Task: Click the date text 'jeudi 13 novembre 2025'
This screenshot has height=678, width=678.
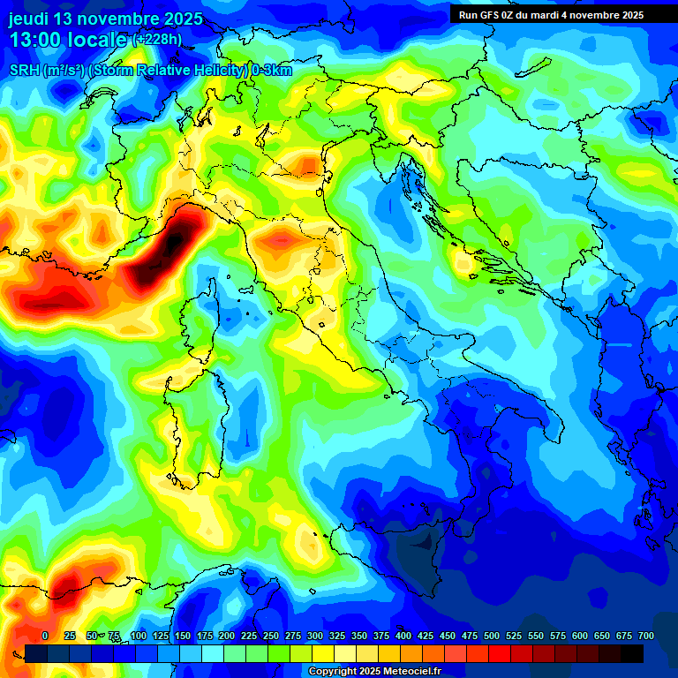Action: pyautogui.click(x=105, y=19)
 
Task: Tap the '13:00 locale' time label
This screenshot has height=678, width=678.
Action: pyautogui.click(x=67, y=40)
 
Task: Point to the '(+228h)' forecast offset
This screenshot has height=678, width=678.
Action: pyautogui.click(x=157, y=40)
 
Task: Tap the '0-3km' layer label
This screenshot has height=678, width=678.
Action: pyautogui.click(x=272, y=71)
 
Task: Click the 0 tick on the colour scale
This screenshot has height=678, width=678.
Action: pyautogui.click(x=45, y=636)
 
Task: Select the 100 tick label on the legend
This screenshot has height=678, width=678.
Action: pyautogui.click(x=138, y=636)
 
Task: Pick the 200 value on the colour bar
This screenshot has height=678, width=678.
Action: pyautogui.click(x=226, y=636)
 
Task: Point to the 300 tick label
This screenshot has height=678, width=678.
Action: pyautogui.click(x=314, y=636)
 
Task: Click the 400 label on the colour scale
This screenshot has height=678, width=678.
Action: pyautogui.click(x=403, y=636)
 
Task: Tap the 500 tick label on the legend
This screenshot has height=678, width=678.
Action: pyautogui.click(x=491, y=636)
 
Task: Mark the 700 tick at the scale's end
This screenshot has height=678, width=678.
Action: pyautogui.click(x=645, y=636)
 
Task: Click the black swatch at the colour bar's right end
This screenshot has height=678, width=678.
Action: pyautogui.click(x=632, y=653)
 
